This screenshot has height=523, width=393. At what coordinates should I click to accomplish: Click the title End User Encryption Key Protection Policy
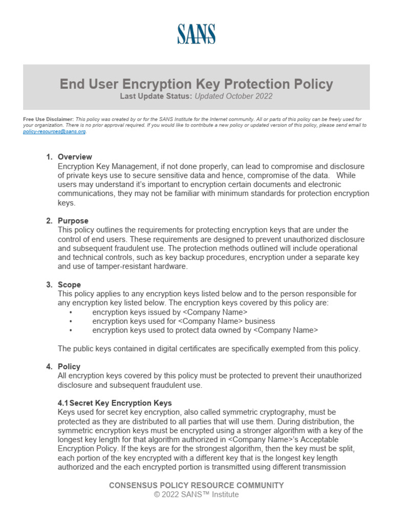click(x=196, y=84)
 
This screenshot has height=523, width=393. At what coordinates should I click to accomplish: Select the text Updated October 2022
click(x=233, y=96)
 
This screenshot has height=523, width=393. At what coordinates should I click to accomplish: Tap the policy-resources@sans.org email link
click(x=55, y=131)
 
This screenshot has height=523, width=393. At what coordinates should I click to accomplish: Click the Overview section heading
click(x=75, y=157)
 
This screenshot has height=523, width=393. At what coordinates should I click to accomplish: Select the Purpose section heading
click(x=73, y=221)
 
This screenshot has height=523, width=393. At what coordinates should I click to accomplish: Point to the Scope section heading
click(x=69, y=284)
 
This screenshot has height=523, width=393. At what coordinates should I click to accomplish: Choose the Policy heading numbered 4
click(x=69, y=366)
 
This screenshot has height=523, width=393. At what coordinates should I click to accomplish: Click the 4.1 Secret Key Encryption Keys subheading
click(x=115, y=403)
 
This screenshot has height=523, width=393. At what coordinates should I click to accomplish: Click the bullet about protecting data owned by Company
click(x=205, y=330)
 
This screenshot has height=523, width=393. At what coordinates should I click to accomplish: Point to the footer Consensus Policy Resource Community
click(x=196, y=485)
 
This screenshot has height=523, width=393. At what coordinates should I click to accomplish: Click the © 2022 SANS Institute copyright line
click(x=196, y=494)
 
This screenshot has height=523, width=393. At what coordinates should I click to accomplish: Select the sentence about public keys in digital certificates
click(x=209, y=349)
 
